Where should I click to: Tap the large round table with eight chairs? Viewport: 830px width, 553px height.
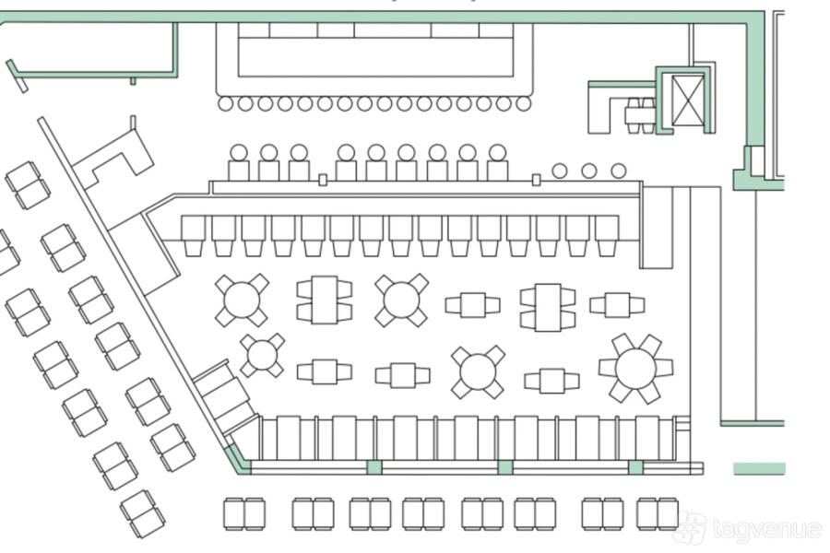click(635, 368)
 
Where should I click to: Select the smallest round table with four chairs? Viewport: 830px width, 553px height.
click(263, 355)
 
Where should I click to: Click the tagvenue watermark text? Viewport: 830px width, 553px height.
click(765, 530)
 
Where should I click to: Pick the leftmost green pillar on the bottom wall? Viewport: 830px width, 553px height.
click(374, 467)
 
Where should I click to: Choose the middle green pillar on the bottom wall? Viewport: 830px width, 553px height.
click(505, 467)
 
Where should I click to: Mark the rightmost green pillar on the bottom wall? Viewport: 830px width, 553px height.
click(635, 467)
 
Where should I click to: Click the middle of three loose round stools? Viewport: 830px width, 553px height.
click(589, 171)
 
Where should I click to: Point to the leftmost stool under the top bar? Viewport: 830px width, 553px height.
click(226, 104)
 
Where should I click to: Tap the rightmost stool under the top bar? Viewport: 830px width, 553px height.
click(523, 104)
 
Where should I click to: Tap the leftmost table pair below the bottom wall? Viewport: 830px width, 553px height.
click(243, 513)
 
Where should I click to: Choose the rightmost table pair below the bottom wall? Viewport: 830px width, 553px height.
click(658, 513)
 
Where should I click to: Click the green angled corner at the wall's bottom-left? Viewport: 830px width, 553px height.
click(238, 459)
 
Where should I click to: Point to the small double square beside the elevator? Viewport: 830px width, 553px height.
click(640, 114)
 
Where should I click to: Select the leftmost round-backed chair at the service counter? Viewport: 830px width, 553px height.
click(239, 163)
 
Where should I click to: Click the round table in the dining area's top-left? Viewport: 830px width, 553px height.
click(242, 300)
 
